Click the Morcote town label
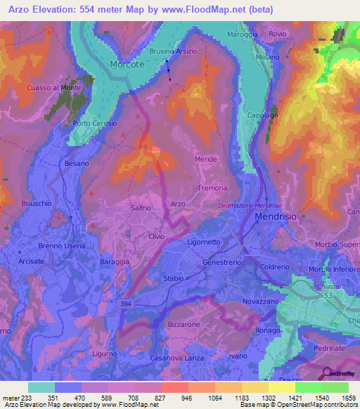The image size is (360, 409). click(x=127, y=64)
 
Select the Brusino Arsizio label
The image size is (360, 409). click(x=173, y=51)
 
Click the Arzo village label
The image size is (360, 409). click(x=178, y=204)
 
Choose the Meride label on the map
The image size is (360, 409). click(x=206, y=160)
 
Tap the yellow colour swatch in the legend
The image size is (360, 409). click(x=281, y=387)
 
